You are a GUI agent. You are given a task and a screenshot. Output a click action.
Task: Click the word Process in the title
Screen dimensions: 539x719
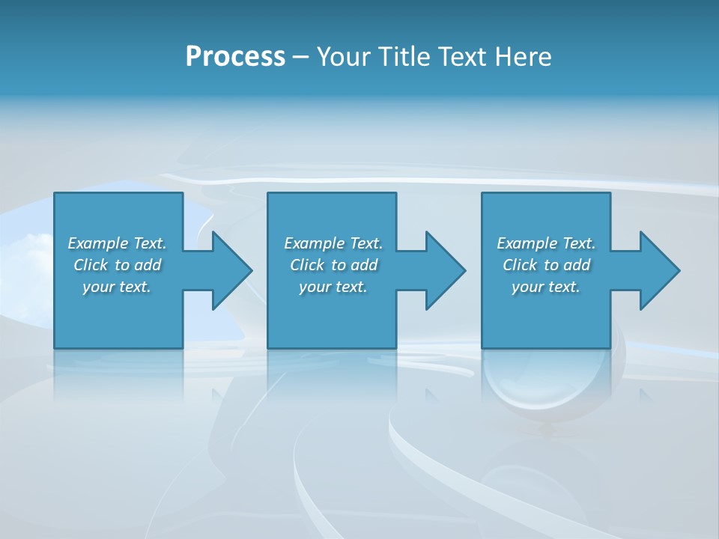point(235,57)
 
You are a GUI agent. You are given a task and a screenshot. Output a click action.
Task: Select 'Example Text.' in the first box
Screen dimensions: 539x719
point(117,243)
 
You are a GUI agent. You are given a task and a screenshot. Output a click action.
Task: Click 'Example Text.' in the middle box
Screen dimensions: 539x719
point(333,243)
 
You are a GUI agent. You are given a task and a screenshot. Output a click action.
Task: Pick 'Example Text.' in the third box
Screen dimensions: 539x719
point(546,243)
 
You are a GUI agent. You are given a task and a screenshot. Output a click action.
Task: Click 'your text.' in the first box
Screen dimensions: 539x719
point(117,287)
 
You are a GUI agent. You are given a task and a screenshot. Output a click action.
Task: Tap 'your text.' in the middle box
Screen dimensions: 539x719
point(333,287)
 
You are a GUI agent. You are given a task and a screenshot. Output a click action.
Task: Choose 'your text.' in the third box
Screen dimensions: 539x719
point(546,287)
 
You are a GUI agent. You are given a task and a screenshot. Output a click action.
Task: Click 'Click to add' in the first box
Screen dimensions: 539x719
point(117,265)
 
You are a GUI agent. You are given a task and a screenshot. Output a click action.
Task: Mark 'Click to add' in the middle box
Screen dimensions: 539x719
point(333,265)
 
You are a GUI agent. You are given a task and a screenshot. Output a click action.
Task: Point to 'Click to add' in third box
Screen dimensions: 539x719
point(546,265)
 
